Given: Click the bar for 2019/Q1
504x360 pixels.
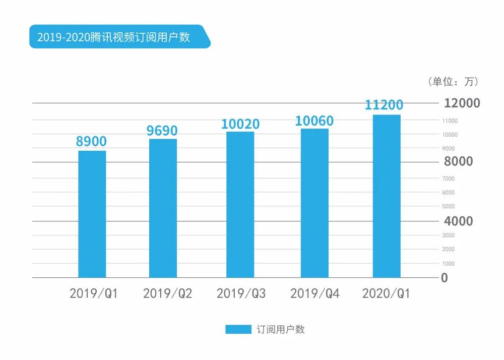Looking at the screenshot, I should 92,214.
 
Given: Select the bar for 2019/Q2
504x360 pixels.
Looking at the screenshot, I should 163,208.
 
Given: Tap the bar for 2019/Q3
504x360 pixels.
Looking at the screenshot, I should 240,205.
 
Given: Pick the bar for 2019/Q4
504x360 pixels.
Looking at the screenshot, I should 314,203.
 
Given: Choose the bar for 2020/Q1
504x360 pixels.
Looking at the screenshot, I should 387,196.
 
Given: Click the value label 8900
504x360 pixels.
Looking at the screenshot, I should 91,141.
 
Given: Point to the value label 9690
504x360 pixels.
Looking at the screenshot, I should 162,131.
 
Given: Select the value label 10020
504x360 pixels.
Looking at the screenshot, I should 240,124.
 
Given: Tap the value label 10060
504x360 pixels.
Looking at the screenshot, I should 314,121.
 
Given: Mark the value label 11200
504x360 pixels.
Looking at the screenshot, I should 384,105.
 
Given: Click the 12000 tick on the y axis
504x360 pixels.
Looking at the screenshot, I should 462,103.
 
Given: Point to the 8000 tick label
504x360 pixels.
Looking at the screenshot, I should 458,161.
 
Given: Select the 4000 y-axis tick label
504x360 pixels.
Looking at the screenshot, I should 458,221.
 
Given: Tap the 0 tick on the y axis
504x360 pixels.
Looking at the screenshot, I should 444,278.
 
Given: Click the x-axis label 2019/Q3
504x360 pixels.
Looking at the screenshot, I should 241,293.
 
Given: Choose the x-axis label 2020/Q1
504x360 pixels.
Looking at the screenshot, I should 386,293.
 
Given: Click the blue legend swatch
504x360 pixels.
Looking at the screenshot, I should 238,330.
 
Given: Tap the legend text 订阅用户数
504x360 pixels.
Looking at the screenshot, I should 281,330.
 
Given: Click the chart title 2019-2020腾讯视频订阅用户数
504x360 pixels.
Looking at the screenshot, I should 113,37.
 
